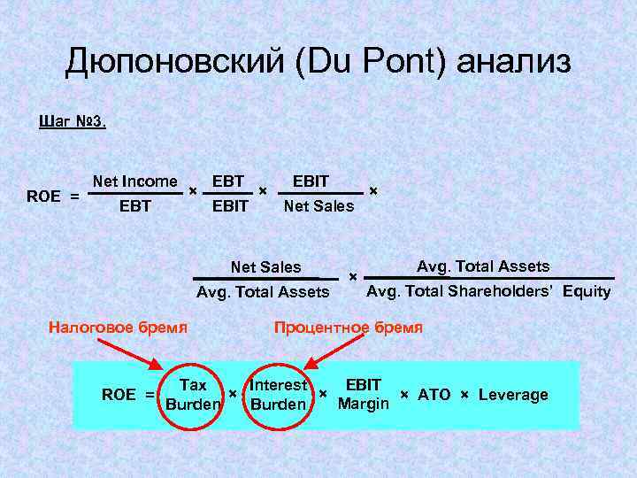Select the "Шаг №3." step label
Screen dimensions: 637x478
pos(73,121)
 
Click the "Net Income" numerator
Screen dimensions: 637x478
pos(134,181)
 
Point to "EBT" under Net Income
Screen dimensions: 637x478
pos(134,206)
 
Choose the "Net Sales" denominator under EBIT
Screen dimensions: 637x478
pos(318,206)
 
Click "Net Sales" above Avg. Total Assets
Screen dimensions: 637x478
pos(265,267)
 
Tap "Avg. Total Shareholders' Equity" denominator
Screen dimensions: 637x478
pos(488,291)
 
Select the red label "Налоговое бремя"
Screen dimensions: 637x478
pos(118,327)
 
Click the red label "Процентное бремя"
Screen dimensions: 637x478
pos(348,327)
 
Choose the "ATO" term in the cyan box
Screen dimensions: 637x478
pos(434,395)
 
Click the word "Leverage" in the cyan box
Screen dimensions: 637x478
pos(513,395)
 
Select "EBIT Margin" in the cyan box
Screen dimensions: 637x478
pos(363,394)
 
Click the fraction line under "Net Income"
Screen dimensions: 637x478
pos(134,193)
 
